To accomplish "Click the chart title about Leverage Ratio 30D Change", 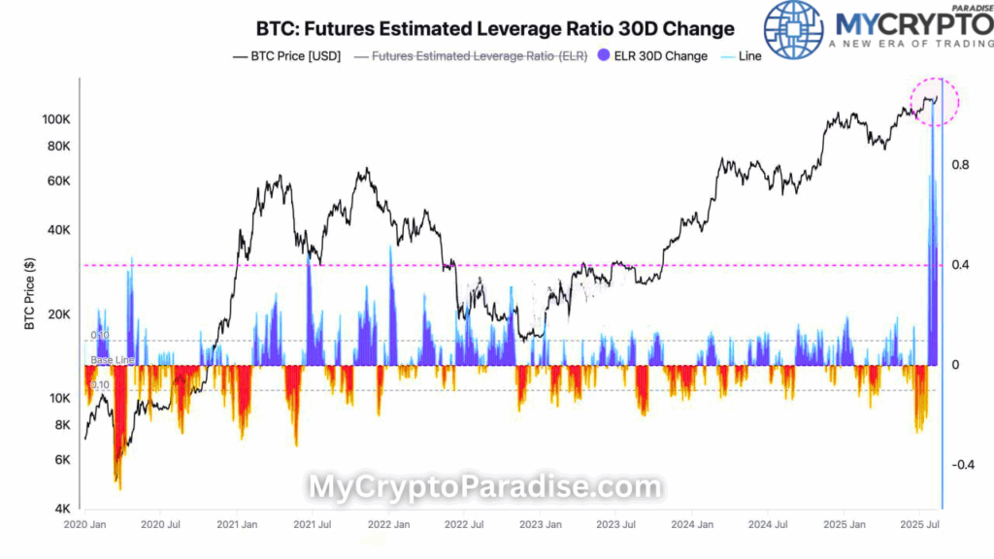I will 495,28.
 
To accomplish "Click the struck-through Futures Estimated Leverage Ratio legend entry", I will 473,55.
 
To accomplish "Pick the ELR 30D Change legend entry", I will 652,55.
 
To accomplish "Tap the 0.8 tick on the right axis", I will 961,166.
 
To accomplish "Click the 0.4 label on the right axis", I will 961,266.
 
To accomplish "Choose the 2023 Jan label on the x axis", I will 540,525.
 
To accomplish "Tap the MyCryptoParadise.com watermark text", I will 484,487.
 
